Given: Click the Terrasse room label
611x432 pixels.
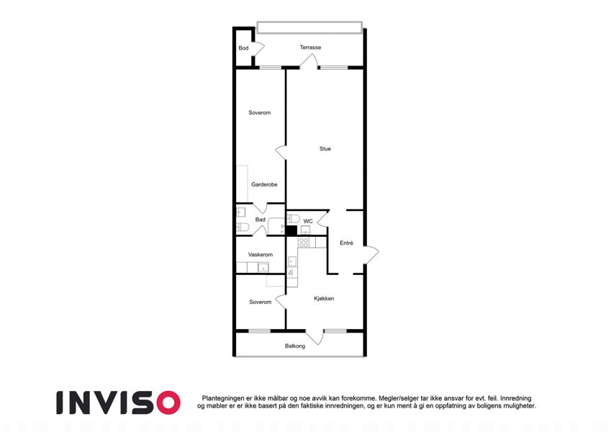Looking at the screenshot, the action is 310,48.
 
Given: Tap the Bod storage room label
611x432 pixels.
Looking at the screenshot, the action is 243,48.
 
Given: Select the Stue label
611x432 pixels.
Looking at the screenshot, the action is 325,148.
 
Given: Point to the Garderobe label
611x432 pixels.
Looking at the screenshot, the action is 264,184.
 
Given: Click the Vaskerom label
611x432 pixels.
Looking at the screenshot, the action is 261,255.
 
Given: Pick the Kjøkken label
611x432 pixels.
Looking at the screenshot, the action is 324,299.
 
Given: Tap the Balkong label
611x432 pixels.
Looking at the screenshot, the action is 295,346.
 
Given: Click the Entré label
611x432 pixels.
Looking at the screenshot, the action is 346,243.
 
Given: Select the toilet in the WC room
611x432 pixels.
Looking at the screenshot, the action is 293,218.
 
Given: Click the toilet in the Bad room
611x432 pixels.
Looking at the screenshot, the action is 243,228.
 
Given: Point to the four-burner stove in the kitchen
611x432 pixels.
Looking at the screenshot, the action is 304,243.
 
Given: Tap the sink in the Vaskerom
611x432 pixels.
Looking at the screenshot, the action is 263,267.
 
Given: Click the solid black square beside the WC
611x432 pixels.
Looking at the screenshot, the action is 291,231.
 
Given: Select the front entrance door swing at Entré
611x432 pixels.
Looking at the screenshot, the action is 371,256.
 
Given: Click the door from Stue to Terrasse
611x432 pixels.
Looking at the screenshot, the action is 309,61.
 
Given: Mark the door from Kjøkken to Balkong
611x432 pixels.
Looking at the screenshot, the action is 314,337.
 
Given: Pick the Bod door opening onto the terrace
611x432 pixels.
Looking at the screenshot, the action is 259,48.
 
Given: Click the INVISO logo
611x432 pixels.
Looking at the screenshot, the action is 119,402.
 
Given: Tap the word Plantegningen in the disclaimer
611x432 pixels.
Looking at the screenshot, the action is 223,398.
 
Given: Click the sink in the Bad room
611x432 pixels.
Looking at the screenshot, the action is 241,212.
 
